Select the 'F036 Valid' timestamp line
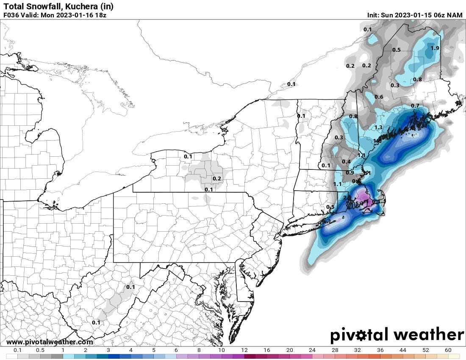pyautogui.click(x=55, y=15)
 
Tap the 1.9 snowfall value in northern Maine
pyautogui.click(x=435, y=48)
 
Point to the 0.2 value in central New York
pyautogui.click(x=216, y=178)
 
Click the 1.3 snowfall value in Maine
pyautogui.click(x=378, y=127)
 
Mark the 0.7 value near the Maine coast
pyautogui.click(x=415, y=105)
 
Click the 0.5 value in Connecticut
pyautogui.click(x=330, y=207)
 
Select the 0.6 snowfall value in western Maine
pyautogui.click(x=379, y=97)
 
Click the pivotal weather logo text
pyautogui.click(x=397, y=335)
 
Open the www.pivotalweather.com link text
pyautogui.click(x=50, y=342)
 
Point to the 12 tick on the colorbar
pyautogui.click(x=244, y=351)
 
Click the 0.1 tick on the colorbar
pyautogui.click(x=18, y=351)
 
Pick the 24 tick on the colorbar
pyautogui.click(x=312, y=351)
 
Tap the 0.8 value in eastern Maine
pyautogui.click(x=417, y=79)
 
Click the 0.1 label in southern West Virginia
pyautogui.click(x=96, y=322)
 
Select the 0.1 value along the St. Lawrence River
pyautogui.click(x=291, y=84)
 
